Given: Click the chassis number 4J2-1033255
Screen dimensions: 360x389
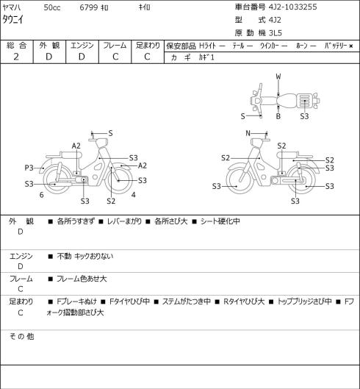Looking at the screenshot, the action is [292, 7].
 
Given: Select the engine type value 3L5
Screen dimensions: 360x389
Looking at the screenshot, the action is [275, 33].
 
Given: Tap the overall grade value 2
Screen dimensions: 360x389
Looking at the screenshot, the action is [16, 57].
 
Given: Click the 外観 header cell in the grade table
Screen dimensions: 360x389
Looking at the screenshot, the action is [49, 46].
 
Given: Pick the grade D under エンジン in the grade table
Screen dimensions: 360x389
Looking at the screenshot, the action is [82, 57].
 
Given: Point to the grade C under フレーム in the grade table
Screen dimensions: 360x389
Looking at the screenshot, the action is [115, 57].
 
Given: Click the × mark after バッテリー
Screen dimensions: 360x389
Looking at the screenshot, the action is [351, 46].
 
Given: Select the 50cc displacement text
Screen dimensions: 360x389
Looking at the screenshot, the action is [52, 7].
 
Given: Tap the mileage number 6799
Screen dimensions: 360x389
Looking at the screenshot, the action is [88, 7].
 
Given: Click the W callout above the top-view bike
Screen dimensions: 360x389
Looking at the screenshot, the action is [278, 76].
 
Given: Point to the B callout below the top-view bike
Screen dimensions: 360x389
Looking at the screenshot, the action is [278, 116].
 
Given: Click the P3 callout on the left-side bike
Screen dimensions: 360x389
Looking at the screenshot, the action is [29, 168].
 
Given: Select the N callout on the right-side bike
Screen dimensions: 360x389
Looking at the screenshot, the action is [248, 133].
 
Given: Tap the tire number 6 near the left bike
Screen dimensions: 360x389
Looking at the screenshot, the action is [42, 195].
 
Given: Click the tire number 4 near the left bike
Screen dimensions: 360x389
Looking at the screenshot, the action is [134, 195].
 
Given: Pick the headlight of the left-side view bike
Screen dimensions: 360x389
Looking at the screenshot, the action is [102, 143].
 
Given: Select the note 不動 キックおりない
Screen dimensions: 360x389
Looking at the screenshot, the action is [85, 256].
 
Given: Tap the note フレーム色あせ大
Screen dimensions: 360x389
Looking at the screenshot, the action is [82, 279].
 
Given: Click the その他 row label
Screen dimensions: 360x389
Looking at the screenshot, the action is [21, 336].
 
